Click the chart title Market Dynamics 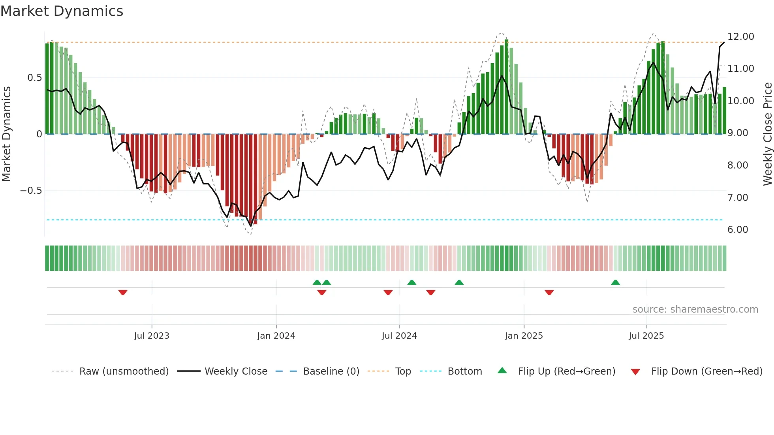click(x=62, y=11)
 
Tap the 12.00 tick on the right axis click(x=740, y=37)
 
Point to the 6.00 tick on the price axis click(x=737, y=230)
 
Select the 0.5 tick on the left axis click(x=34, y=78)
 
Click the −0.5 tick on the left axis click(x=31, y=191)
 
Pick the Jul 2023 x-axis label click(x=152, y=336)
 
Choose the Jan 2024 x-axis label click(x=276, y=336)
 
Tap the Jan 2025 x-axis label click(x=524, y=336)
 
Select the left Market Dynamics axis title click(x=6, y=134)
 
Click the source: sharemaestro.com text click(x=695, y=309)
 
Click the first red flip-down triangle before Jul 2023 click(x=123, y=292)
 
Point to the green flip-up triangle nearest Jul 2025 click(x=615, y=282)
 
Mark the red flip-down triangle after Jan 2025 click(x=549, y=292)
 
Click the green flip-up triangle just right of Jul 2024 click(x=411, y=282)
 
